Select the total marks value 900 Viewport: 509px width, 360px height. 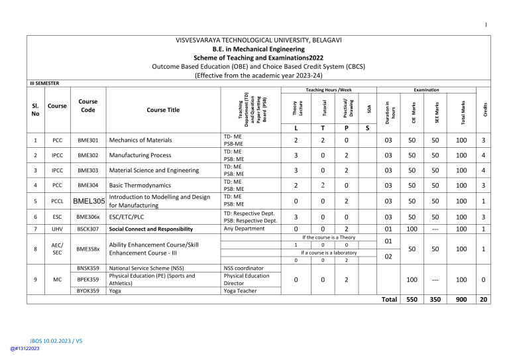tap(457, 299)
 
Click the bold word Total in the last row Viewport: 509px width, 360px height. tap(388, 299)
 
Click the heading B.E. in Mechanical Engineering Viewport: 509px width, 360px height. tap(254, 48)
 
